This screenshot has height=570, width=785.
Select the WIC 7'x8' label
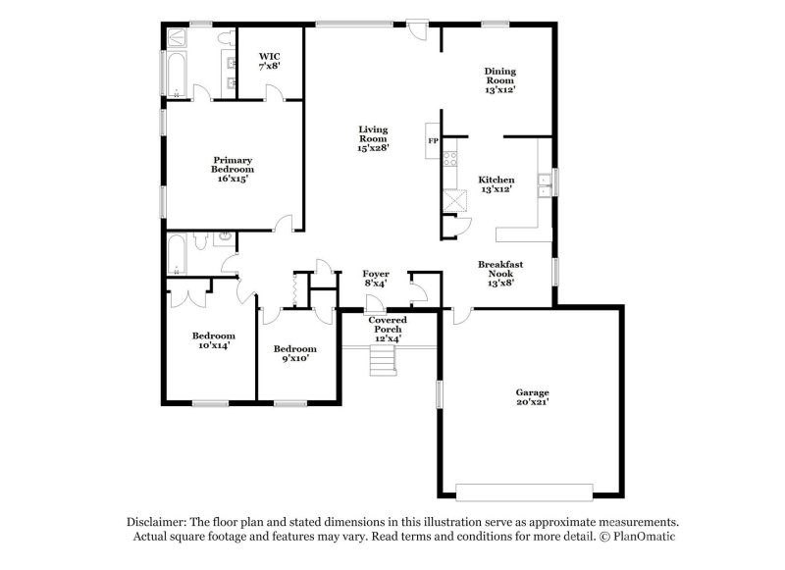(270, 62)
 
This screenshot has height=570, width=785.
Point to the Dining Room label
(500, 79)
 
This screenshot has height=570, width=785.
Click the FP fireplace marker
(433, 141)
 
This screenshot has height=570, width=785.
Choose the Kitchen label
(497, 184)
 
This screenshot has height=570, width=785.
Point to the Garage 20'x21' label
(533, 397)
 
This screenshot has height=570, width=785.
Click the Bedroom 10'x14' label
(214, 339)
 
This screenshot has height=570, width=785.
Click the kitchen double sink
(542, 181)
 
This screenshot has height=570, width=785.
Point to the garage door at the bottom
(526, 491)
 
